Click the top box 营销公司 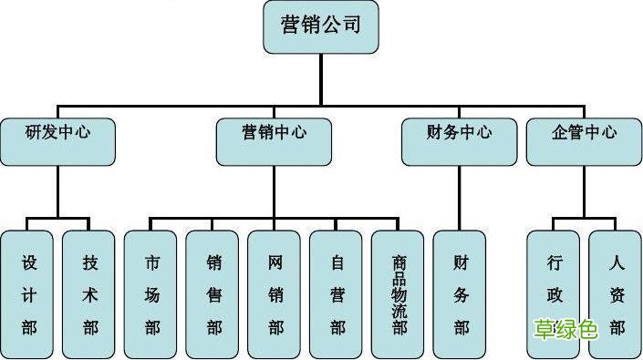(320, 26)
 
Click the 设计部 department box (28, 293)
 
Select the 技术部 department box (89, 293)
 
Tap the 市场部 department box (151, 293)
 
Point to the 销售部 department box (213, 293)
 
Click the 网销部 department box (275, 293)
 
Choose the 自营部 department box (337, 293)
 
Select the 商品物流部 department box (399, 293)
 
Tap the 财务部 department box (461, 293)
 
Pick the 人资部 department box (616, 293)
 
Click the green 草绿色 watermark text (565, 328)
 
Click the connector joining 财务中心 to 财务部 (459, 198)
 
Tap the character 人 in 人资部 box (617, 263)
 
